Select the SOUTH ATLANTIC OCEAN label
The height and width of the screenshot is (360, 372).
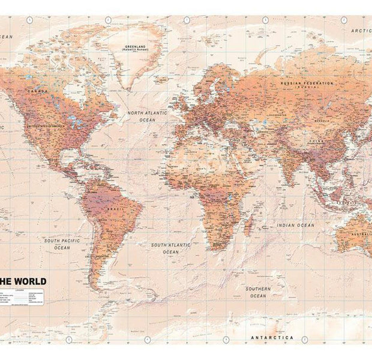click(171, 248)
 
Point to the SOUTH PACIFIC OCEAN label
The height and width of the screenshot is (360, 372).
click(62, 244)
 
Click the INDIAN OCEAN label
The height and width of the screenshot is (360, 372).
click(295, 225)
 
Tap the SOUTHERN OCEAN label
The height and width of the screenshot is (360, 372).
click(258, 292)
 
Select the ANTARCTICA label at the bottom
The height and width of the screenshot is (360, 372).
click(273, 337)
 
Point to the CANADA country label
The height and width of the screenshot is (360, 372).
click(37, 91)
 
